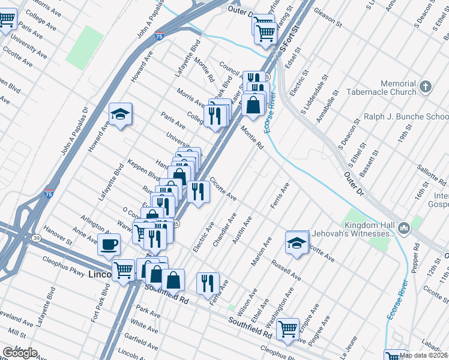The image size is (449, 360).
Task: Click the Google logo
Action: point(19,353)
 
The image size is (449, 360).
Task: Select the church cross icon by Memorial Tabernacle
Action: point(426,86)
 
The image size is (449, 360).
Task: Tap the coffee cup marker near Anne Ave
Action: point(109,244)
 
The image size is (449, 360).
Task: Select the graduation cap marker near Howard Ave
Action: point(120,114)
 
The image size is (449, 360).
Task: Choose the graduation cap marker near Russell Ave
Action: point(297,242)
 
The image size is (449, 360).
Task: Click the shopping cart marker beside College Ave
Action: point(7,19)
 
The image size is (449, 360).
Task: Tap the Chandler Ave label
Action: point(225,229)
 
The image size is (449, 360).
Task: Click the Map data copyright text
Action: point(424,355)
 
